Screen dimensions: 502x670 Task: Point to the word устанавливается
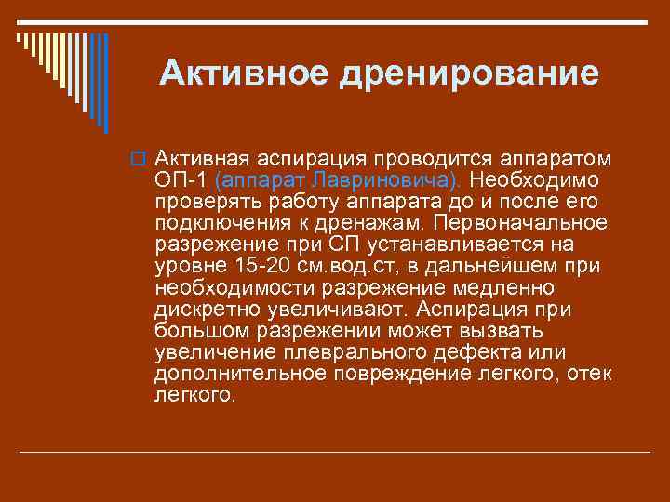tap(470, 244)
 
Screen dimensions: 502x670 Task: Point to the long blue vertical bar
tap(105, 84)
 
